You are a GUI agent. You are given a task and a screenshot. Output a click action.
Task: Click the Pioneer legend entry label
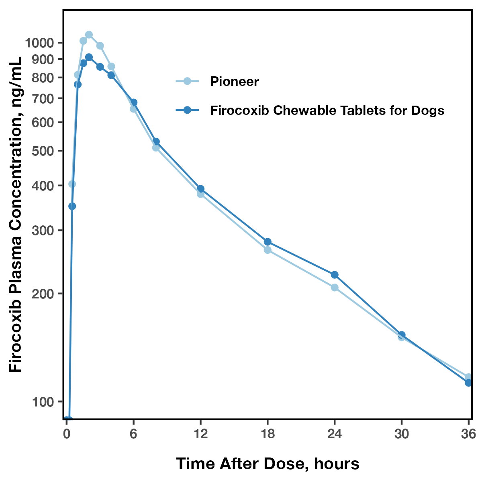pos(235,82)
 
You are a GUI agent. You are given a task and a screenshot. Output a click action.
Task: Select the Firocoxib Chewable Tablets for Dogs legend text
pos(327,110)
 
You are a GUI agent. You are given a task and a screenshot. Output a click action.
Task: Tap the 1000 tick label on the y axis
pos(39,43)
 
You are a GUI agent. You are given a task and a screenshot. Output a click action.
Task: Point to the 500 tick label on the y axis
pos(44,151)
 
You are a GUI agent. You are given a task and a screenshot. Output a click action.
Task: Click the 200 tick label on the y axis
pos(44,294)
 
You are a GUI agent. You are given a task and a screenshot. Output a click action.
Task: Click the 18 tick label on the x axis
pos(268,434)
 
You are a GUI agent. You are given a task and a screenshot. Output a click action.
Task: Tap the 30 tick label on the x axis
pos(401,434)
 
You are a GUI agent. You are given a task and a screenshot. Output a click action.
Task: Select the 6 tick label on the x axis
pos(133,434)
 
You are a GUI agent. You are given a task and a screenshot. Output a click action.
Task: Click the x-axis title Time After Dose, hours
pos(268,464)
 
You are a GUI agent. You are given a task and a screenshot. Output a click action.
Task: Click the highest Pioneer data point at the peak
pos(89,35)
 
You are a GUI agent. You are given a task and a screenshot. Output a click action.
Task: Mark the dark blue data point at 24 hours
pos(335,275)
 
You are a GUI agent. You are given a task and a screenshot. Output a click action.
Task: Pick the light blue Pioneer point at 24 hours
pos(335,288)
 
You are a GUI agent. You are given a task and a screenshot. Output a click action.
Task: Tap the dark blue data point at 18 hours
pos(268,242)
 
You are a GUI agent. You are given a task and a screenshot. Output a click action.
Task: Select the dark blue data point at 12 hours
pos(200,189)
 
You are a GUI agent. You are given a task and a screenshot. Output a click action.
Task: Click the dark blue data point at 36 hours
pos(468,383)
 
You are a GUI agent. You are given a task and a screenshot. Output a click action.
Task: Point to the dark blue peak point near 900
pos(89,57)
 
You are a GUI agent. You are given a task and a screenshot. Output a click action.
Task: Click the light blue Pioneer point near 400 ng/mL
pos(72,184)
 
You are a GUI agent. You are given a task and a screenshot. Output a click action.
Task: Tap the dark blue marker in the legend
pos(187,110)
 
